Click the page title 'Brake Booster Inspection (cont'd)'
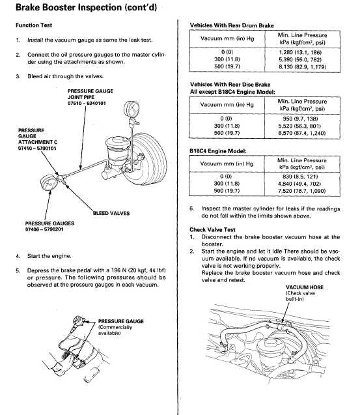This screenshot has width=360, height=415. click(x=86, y=7)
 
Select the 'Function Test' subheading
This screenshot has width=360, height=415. click(x=34, y=25)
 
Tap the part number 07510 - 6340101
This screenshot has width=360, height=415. click(x=87, y=103)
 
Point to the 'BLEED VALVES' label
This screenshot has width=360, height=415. click(x=111, y=213)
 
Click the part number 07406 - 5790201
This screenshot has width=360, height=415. click(x=44, y=229)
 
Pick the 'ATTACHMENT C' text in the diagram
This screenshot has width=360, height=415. click(x=38, y=142)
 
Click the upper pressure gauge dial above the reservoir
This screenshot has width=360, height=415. click(x=132, y=109)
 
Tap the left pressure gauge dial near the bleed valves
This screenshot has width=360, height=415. click(x=49, y=182)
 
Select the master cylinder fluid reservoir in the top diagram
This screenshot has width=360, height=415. click(x=118, y=151)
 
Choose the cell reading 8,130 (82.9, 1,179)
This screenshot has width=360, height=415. click(x=302, y=66)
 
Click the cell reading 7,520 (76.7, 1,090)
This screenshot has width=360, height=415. click(x=301, y=191)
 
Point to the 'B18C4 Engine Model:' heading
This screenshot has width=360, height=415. click(x=217, y=151)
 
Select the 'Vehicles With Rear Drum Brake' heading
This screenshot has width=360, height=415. click(x=232, y=25)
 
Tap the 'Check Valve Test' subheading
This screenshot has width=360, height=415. click(x=212, y=229)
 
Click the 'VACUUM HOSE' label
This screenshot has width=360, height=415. click(x=305, y=287)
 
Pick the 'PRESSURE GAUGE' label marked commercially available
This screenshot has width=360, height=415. click(x=121, y=321)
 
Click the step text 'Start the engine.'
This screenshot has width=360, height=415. click(x=49, y=256)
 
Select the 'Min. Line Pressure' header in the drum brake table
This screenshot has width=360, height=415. click(x=302, y=35)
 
